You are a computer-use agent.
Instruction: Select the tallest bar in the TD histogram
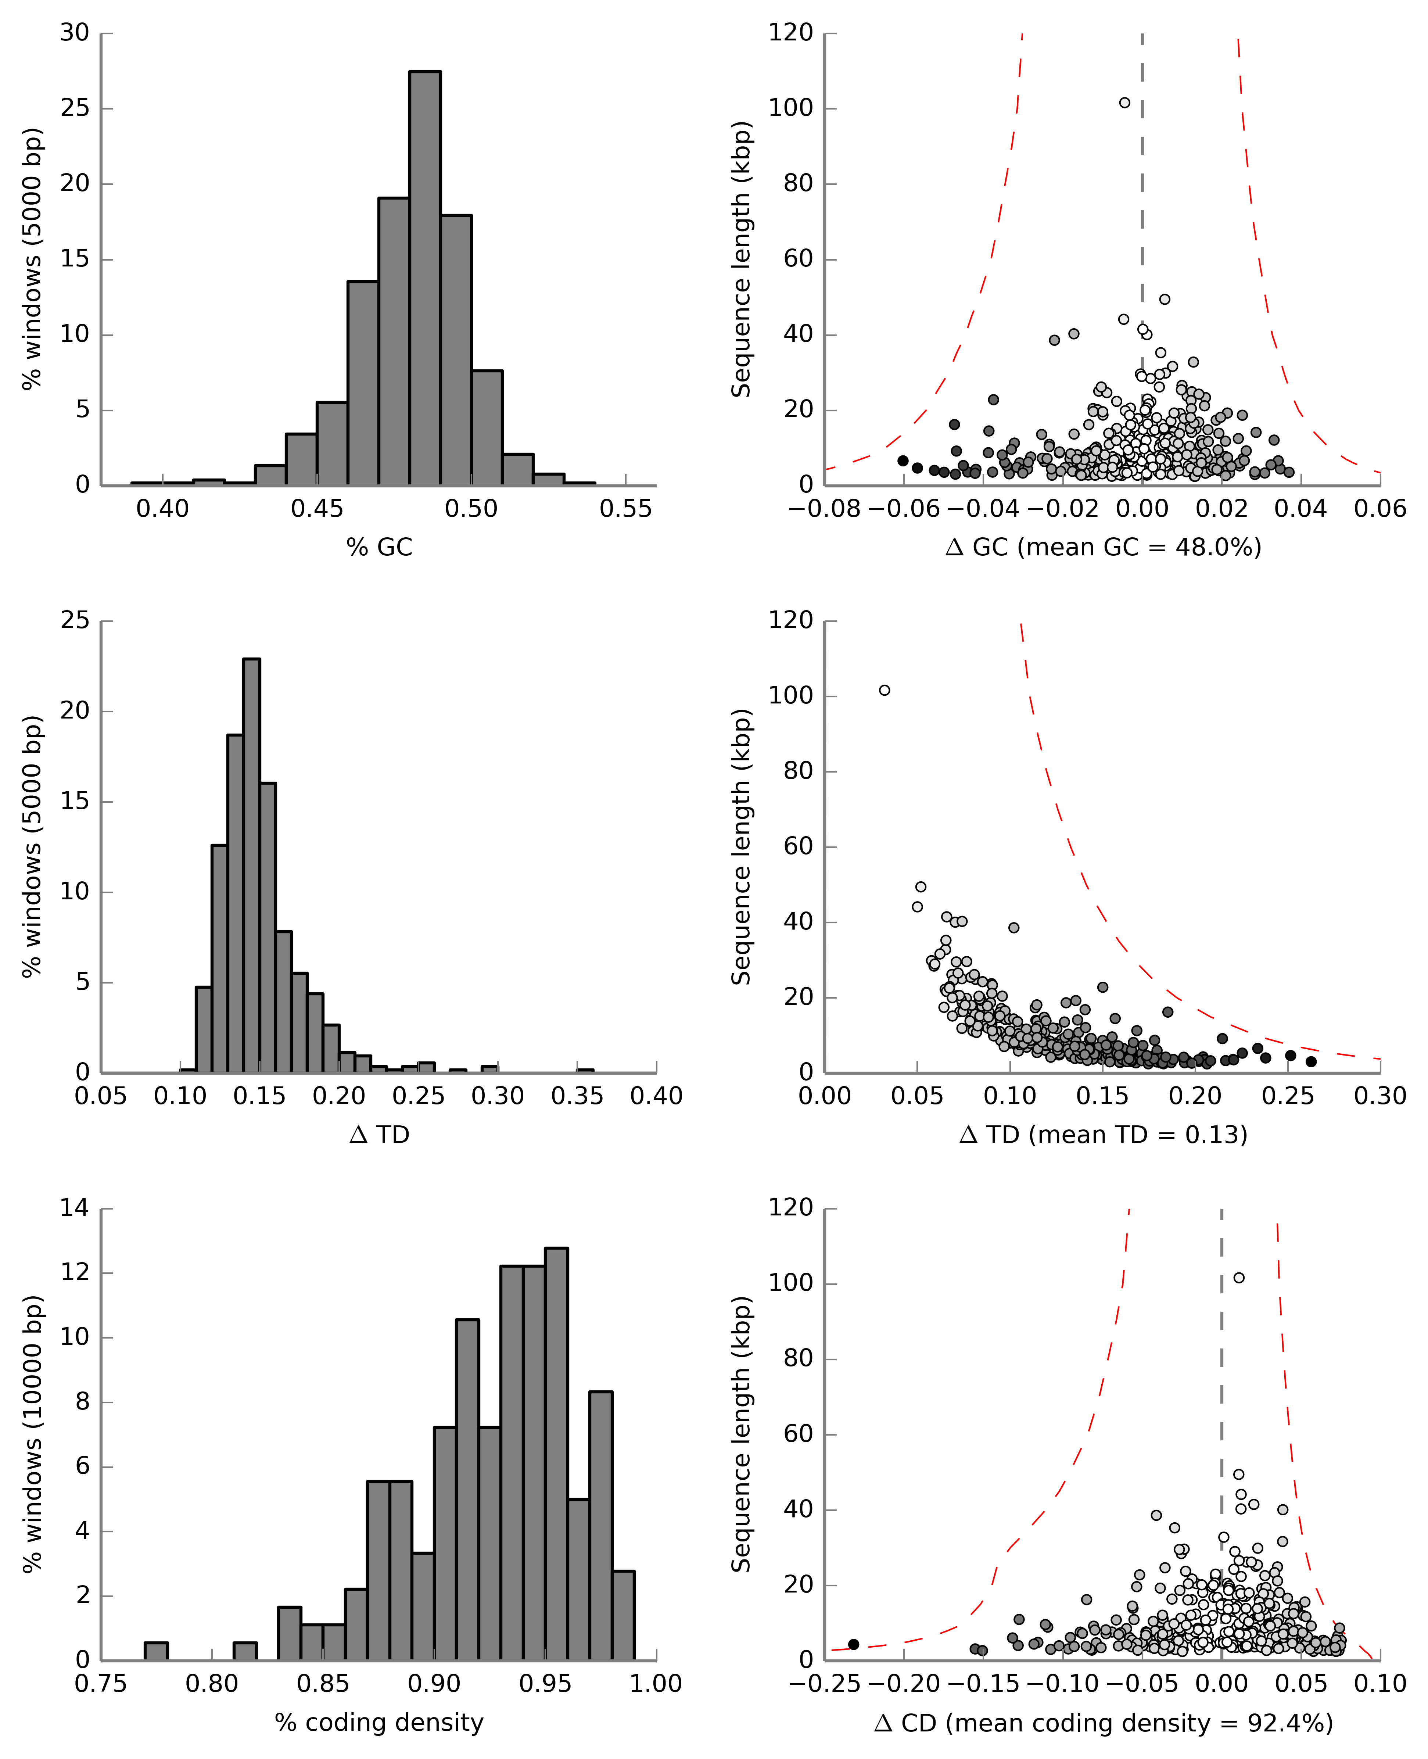[252, 864]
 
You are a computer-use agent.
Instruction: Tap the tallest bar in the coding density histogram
[556, 1456]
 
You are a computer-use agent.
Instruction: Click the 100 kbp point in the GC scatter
[1124, 103]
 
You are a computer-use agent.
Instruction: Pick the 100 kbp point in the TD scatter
[884, 690]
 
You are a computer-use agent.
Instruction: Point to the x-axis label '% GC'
[379, 547]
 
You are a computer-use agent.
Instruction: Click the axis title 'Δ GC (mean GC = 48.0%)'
[1103, 547]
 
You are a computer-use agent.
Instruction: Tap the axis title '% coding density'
[379, 1722]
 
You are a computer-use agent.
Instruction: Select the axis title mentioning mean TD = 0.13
[1103, 1135]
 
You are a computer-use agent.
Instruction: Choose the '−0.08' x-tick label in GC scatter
[824, 508]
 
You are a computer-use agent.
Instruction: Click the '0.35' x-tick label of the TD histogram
[577, 1096]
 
